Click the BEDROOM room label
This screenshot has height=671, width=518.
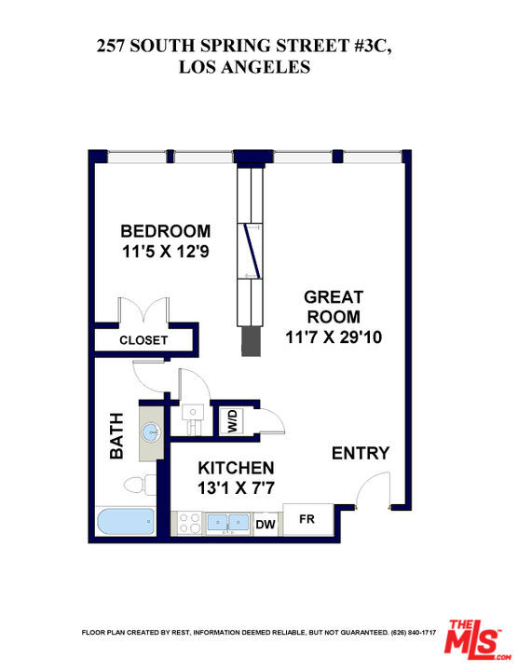pyautogui.click(x=166, y=231)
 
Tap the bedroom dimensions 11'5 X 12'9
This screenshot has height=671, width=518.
pyautogui.click(x=166, y=252)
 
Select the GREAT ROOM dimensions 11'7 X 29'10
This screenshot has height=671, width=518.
pyautogui.click(x=334, y=337)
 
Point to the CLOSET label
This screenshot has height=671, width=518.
pyautogui.click(x=143, y=340)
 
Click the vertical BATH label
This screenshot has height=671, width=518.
pyautogui.click(x=116, y=435)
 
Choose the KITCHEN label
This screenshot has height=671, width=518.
pyautogui.click(x=236, y=468)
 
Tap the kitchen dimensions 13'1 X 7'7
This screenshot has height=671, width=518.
pyautogui.click(x=236, y=487)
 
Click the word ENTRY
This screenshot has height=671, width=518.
pyautogui.click(x=361, y=453)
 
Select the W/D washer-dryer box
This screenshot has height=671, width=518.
pyautogui.click(x=231, y=421)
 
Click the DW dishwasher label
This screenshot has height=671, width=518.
pyautogui.click(x=266, y=524)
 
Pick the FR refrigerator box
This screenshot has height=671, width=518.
pyautogui.click(x=308, y=519)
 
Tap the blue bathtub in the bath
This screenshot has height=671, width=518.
pyautogui.click(x=126, y=521)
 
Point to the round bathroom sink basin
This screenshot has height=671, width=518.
pyautogui.click(x=152, y=432)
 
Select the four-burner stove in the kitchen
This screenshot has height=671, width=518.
pyautogui.click(x=190, y=524)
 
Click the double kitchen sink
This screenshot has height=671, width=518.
pyautogui.click(x=227, y=523)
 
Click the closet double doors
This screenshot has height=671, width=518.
pyautogui.click(x=143, y=311)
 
